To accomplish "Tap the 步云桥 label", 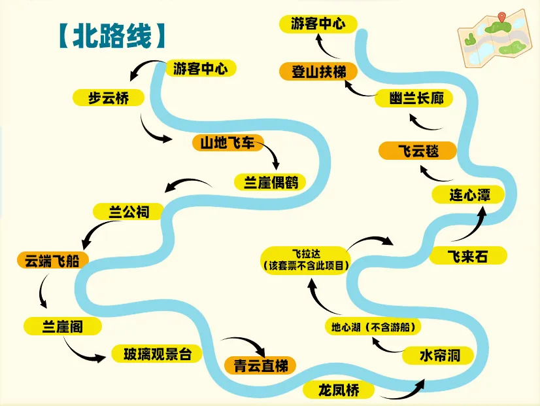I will click(109, 98).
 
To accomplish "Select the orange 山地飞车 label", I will click(228, 142).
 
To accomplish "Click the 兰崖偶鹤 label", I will click(271, 182).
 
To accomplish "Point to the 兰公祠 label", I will click(129, 212).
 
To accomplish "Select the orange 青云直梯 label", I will click(260, 365).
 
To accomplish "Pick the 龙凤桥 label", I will click(339, 391).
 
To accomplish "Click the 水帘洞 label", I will click(440, 355).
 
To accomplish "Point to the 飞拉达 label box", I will click(303, 260).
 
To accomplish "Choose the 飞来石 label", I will click(467, 255).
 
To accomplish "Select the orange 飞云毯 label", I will click(418, 151).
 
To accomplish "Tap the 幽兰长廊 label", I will click(413, 99).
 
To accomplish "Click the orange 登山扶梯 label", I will click(318, 71).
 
